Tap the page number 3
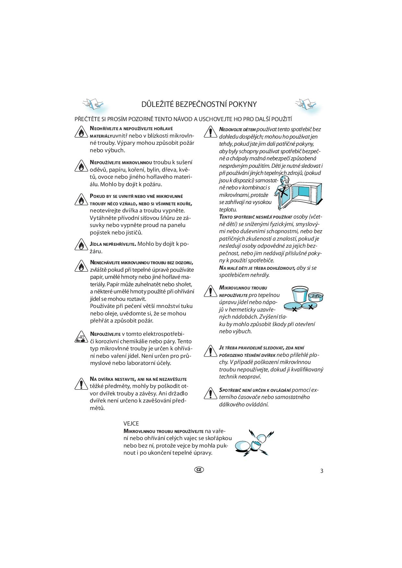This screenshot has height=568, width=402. pos(322,471)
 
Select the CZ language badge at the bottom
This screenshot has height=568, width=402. pos(199,470)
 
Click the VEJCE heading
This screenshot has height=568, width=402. pos(131,424)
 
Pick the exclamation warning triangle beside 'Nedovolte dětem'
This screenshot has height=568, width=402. pos(210,132)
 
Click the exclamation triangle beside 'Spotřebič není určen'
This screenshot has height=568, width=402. pos(210,393)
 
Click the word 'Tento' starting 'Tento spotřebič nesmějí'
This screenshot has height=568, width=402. pos(225,217)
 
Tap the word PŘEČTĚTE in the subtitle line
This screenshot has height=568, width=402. pos(86,119)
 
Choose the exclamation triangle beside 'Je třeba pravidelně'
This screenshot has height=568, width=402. pos(210,351)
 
